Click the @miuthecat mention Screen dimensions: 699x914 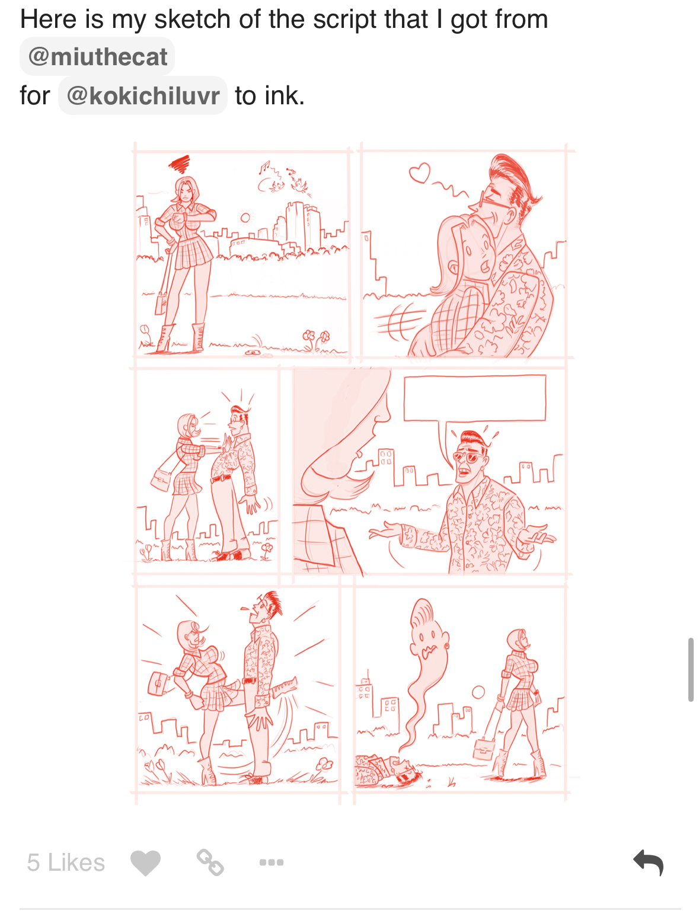(97, 56)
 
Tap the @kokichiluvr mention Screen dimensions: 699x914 (143, 95)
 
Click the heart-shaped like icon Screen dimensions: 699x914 (145, 862)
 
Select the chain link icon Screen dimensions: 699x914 (210, 862)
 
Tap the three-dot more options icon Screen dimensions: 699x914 (272, 862)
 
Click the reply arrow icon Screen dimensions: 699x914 (648, 862)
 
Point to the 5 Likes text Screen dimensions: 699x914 (66, 862)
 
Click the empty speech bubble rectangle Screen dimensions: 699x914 (475, 398)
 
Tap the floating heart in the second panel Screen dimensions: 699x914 (419, 172)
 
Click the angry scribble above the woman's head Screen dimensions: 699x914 (180, 164)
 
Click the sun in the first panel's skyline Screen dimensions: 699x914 (245, 218)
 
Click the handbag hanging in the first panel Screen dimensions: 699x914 (161, 303)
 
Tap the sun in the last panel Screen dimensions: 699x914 (478, 692)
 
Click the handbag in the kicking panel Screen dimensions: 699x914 (158, 683)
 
